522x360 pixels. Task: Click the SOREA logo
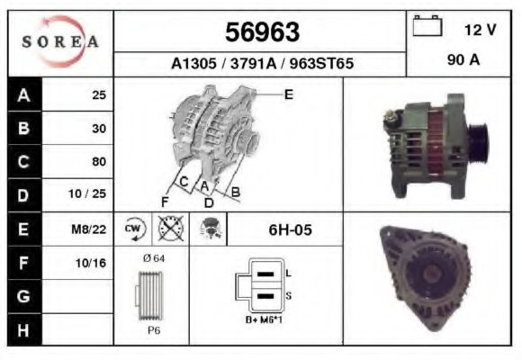(x=60, y=41)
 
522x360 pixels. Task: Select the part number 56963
(x=262, y=32)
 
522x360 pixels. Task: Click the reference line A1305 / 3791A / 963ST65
(x=262, y=63)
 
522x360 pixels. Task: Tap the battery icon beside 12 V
(x=427, y=25)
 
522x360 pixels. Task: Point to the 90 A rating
(x=463, y=60)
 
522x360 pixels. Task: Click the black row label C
(x=24, y=162)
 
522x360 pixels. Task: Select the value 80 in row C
(x=99, y=161)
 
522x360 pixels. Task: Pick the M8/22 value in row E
(x=88, y=229)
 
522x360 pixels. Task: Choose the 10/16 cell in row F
(x=91, y=263)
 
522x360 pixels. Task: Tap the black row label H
(x=24, y=330)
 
